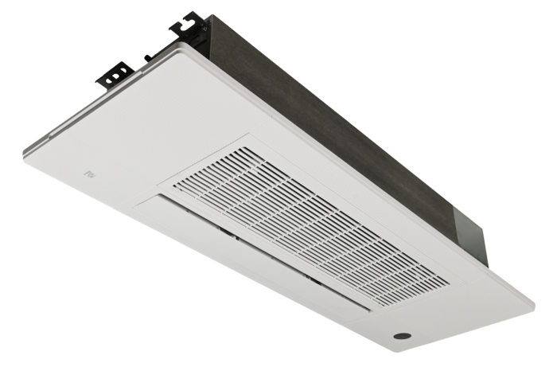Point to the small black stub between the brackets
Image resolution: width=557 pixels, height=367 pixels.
click(x=147, y=57)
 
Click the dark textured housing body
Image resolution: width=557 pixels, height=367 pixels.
click(x=334, y=119)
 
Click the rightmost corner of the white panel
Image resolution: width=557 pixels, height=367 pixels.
click(x=531, y=301)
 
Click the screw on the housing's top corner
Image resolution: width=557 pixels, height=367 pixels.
click(x=204, y=27)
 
